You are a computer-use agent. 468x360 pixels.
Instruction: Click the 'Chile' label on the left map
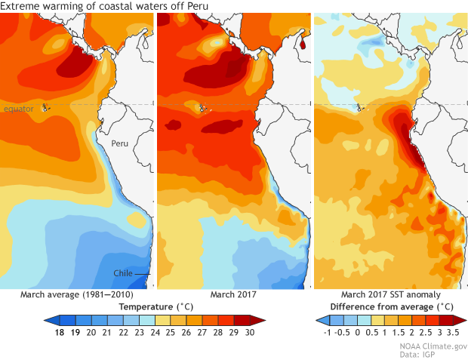pyautogui.click(x=125, y=272)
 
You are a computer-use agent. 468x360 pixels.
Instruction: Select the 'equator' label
pyautogui.click(x=19, y=109)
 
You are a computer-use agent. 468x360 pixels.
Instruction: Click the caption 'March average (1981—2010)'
pyautogui.click(x=74, y=294)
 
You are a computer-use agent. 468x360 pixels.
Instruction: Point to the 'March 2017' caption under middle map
pyautogui.click(x=234, y=294)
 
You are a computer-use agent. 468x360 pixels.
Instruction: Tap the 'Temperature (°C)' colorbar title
pyautogui.click(x=154, y=307)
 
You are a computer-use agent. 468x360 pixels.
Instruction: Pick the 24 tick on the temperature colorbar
pyautogui.click(x=154, y=332)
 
